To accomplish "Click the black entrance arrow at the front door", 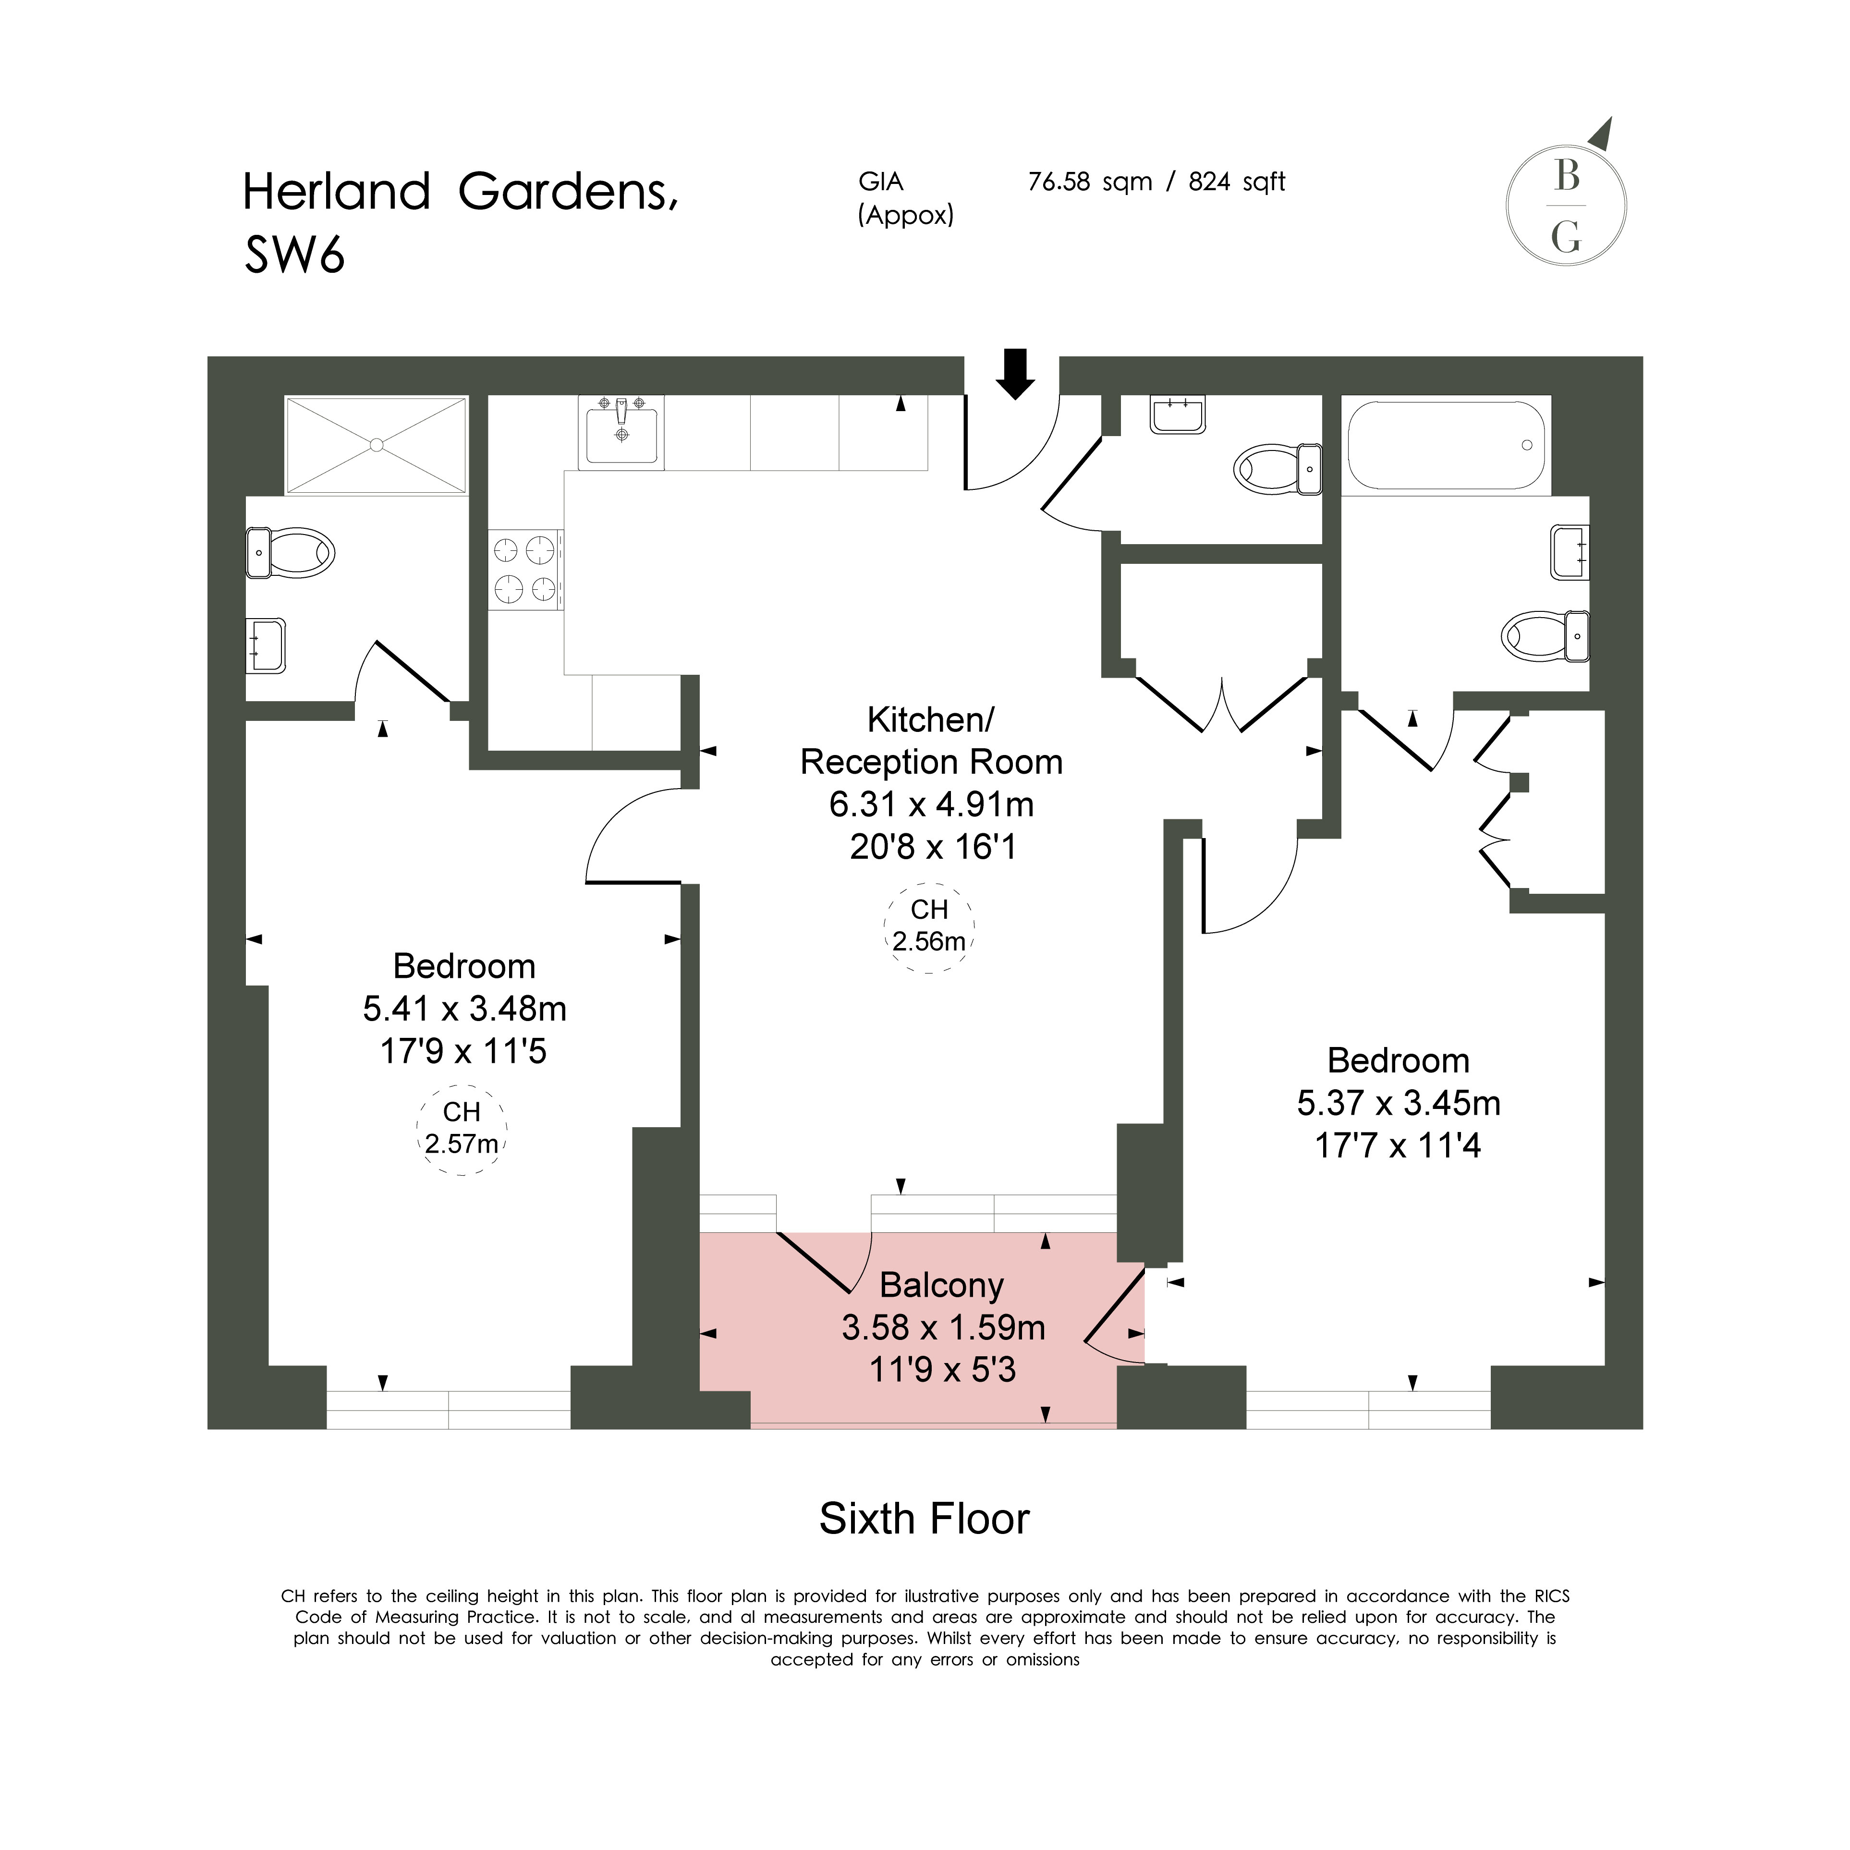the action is click(1015, 374).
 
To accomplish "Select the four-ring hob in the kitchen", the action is click(526, 570).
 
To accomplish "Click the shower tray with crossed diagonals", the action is click(377, 445).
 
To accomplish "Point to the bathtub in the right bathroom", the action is click(1446, 445).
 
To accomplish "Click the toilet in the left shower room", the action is click(290, 552).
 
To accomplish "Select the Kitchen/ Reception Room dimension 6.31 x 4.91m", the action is click(932, 804).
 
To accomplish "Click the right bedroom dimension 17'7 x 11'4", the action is click(1398, 1145).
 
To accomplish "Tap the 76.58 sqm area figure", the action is click(1090, 182).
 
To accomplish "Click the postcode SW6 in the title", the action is click(294, 256).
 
